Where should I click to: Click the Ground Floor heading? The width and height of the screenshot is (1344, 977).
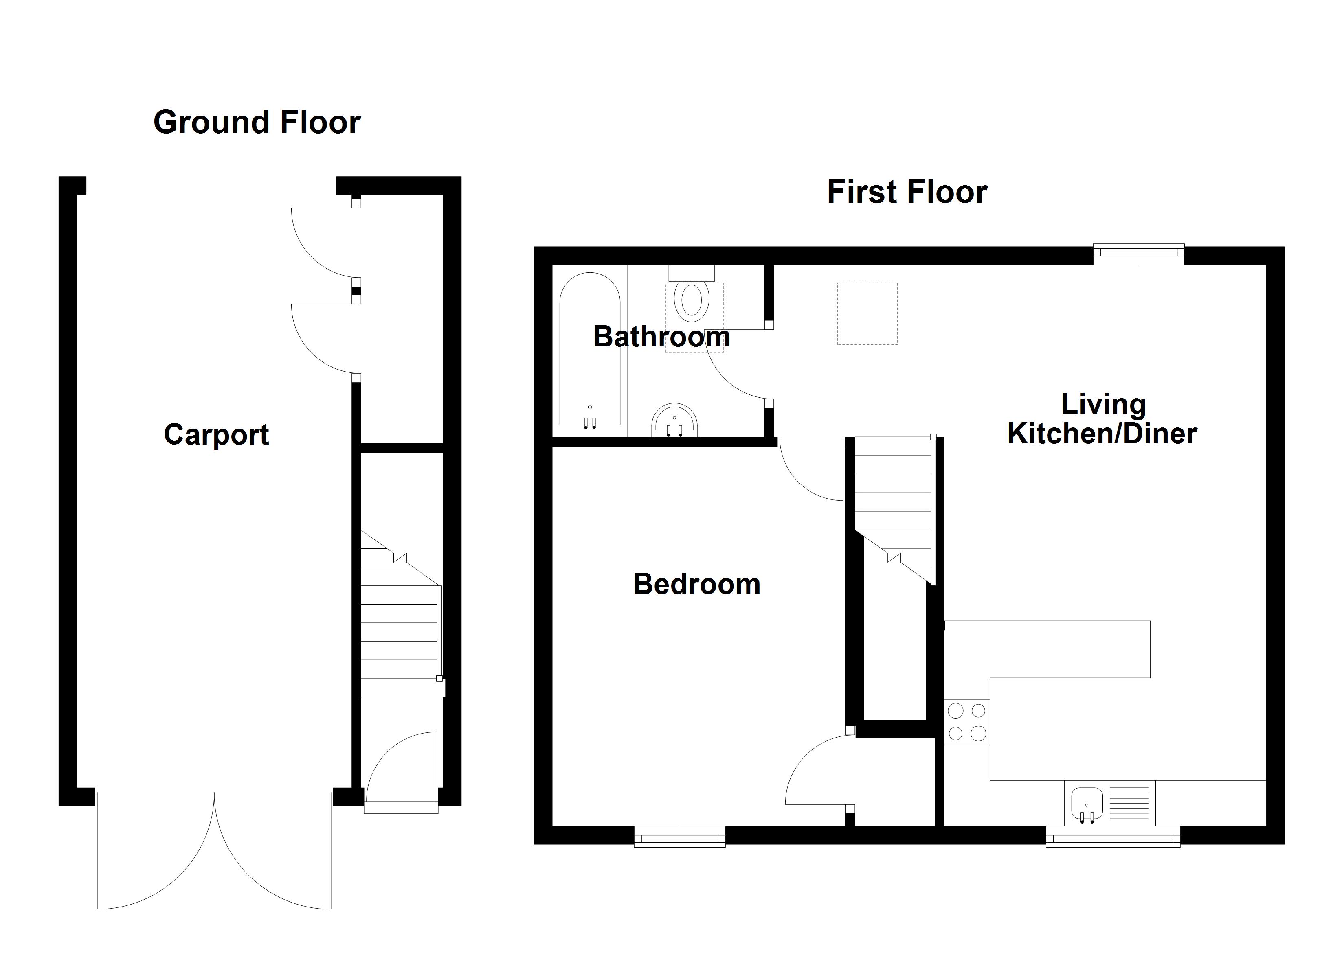[x=257, y=123]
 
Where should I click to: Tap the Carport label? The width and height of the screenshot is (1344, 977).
[x=216, y=434]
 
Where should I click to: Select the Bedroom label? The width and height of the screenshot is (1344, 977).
[x=696, y=584]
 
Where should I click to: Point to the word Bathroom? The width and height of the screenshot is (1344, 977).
[x=661, y=337]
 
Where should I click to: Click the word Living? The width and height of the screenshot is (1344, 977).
[x=1103, y=405]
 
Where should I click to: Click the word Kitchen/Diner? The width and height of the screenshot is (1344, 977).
[x=1102, y=434]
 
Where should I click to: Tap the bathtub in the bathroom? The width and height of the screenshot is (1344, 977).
[x=590, y=350]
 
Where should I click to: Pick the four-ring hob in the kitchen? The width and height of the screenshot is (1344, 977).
[x=966, y=722]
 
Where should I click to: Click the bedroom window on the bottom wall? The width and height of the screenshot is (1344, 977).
[x=680, y=837]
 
